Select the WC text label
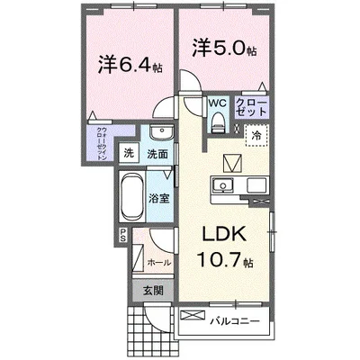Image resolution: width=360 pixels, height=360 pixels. tap(217, 103)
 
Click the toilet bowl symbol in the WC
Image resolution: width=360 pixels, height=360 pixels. tap(216, 125)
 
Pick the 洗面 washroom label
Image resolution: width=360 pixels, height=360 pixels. tap(157, 155)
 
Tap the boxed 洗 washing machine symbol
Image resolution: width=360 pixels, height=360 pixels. tap(129, 153)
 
